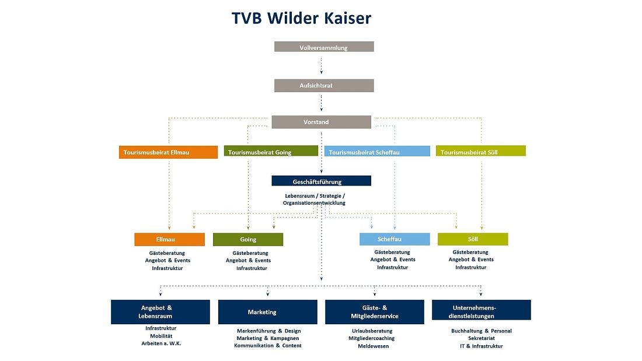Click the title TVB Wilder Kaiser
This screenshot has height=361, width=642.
click(301, 18)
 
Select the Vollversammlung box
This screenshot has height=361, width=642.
click(324, 47)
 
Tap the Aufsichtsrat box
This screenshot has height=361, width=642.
click(324, 86)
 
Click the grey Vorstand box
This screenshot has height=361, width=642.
click(321, 122)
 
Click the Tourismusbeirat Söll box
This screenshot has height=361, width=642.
click(480, 152)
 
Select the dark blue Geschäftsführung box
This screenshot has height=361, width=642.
click(321, 181)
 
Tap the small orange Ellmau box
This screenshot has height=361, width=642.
click(169, 239)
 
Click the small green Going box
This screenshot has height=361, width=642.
click(248, 239)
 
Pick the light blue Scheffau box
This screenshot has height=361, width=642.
click(395, 239)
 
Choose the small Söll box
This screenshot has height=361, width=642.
click(473, 239)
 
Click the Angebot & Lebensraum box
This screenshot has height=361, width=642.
click(160, 312)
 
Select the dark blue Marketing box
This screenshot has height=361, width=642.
click(268, 312)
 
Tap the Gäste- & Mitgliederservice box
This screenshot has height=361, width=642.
click(375, 312)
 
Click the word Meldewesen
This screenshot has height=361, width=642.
click(373, 346)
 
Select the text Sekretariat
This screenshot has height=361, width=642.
click(481, 338)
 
